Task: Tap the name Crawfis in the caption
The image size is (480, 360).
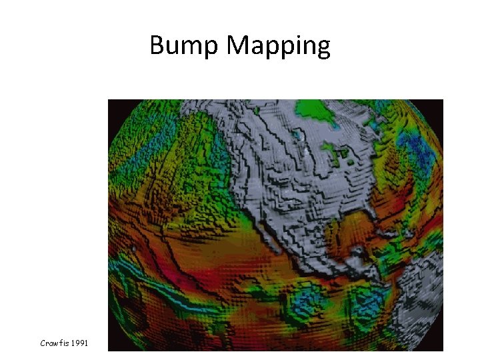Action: tap(53, 343)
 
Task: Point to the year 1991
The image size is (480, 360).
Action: tap(89, 343)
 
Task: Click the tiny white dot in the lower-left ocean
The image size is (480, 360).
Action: tap(133, 250)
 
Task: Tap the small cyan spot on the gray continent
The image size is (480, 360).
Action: tap(306, 153)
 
